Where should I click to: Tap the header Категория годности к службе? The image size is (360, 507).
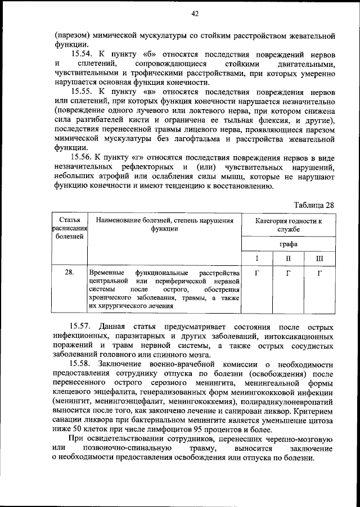pos(289,225)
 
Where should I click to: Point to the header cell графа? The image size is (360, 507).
pos(289,245)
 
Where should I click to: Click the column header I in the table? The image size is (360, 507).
pos(256,259)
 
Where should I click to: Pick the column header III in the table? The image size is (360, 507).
pos(319,259)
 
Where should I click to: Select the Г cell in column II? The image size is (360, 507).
pos(288,273)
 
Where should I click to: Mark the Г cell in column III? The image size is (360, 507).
pos(319,273)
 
